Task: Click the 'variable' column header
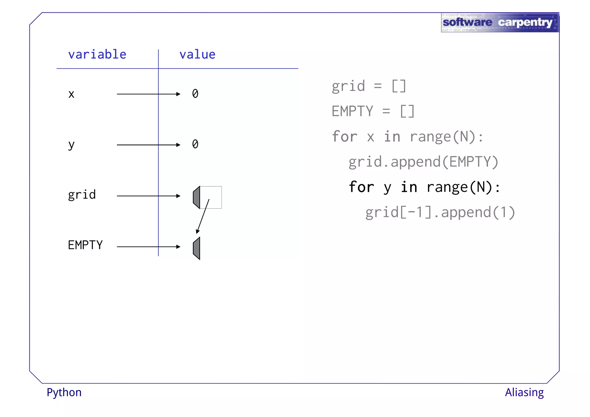pos(97,54)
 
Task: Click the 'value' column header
pos(197,54)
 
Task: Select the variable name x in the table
pos(71,94)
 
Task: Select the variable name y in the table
pos(71,145)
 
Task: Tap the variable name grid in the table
pos(82,195)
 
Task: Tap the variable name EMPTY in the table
pos(85,245)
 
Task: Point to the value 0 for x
pos(195,94)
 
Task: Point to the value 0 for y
pos(195,144)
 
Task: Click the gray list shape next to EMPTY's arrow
pos(197,248)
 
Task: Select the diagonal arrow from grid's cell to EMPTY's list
pos(203,216)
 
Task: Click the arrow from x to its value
pos(148,94)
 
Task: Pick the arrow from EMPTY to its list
pos(148,247)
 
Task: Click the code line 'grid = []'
pos(369,86)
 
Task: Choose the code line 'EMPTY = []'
pos(373,111)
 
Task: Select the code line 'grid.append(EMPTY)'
pos(423,162)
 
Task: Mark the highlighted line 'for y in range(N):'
pos(424,187)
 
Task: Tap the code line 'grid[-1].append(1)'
pos(440,212)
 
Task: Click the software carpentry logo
pos(500,22)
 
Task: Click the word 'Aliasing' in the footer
pos(524,393)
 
